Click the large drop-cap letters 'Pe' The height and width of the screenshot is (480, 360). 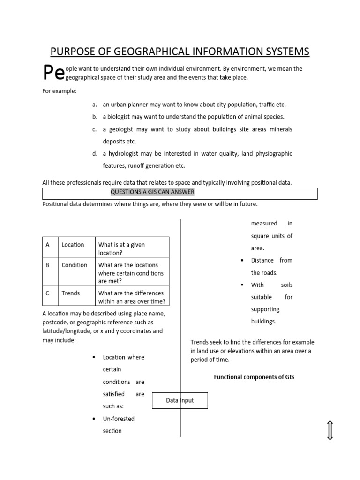coord(53,73)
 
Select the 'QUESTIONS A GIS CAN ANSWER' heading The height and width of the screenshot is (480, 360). coord(152,192)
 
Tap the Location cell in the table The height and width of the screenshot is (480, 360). coord(73,245)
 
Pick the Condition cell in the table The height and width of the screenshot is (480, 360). coord(74,265)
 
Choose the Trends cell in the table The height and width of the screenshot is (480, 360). coord(71,293)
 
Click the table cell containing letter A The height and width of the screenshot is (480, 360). coord(47,245)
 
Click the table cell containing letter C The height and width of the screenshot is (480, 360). coord(47,293)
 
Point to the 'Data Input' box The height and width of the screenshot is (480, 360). coord(180,400)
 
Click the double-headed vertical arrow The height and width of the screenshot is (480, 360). coord(330,430)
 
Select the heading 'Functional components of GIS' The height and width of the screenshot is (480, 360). coord(254,377)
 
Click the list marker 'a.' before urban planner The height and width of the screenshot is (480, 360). coord(94,105)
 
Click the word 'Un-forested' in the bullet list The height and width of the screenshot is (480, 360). coord(119,419)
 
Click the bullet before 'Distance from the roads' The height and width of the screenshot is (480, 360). coord(241,261)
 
